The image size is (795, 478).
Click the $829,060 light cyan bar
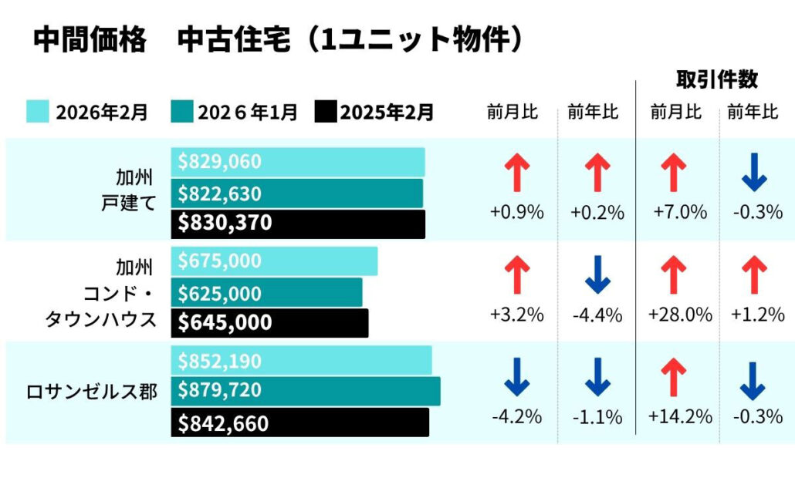click(297, 162)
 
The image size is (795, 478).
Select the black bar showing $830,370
click(297, 224)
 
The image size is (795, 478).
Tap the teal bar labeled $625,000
click(266, 293)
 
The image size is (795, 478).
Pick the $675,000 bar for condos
click(274, 261)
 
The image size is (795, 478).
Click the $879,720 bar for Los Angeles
click(305, 391)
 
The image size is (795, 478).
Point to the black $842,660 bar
click(299, 422)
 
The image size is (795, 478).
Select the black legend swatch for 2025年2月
click(326, 112)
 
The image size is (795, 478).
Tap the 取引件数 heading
click(716, 79)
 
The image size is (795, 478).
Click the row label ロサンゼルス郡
click(92, 392)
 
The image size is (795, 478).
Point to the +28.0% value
click(680, 315)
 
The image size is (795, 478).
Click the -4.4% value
click(597, 315)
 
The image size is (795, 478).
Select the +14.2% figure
click(680, 417)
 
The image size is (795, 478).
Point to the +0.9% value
click(516, 212)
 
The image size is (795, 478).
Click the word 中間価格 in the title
click(90, 40)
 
